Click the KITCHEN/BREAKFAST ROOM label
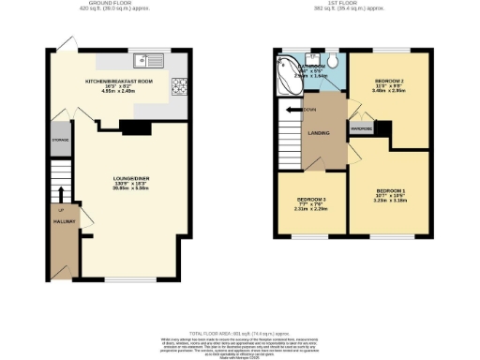click(118, 82)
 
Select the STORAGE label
click(59, 140)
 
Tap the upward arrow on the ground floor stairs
click(62, 194)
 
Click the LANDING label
click(319, 132)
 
